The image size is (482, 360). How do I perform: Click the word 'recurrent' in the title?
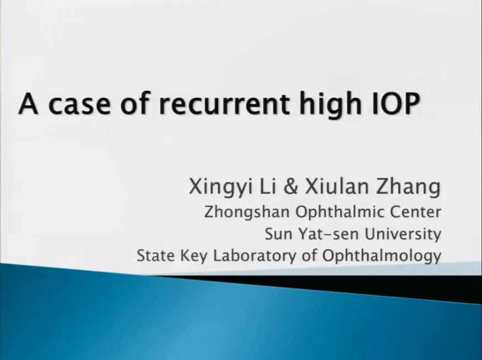click(x=224, y=104)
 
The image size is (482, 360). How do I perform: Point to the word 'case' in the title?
click(x=79, y=104)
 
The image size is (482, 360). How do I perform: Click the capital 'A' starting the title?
click(x=28, y=103)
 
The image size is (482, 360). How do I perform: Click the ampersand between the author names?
click(x=291, y=186)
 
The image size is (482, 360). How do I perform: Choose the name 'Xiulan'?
click(x=337, y=186)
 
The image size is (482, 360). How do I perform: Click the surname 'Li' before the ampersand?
click(x=268, y=186)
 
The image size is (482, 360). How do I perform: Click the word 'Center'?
click(x=415, y=212)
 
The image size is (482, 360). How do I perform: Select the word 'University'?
click(x=403, y=235)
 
